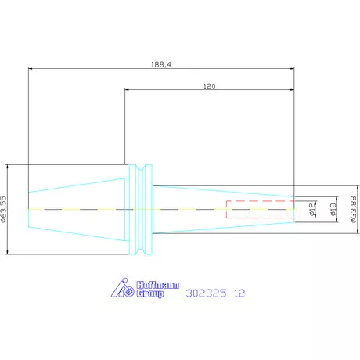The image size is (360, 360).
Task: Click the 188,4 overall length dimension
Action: point(161,64)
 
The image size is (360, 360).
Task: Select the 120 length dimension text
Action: point(210,86)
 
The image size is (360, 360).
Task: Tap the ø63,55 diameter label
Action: point(3,209)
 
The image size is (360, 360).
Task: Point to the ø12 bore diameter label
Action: point(312,209)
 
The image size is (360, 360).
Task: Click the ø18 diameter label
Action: point(333,210)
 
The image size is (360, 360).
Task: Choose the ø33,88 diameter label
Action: point(354,210)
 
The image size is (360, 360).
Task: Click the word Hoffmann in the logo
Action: point(158,285)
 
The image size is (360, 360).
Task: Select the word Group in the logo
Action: point(150,293)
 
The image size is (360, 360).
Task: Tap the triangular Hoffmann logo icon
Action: point(122,288)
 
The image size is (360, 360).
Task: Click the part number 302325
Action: point(206,293)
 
